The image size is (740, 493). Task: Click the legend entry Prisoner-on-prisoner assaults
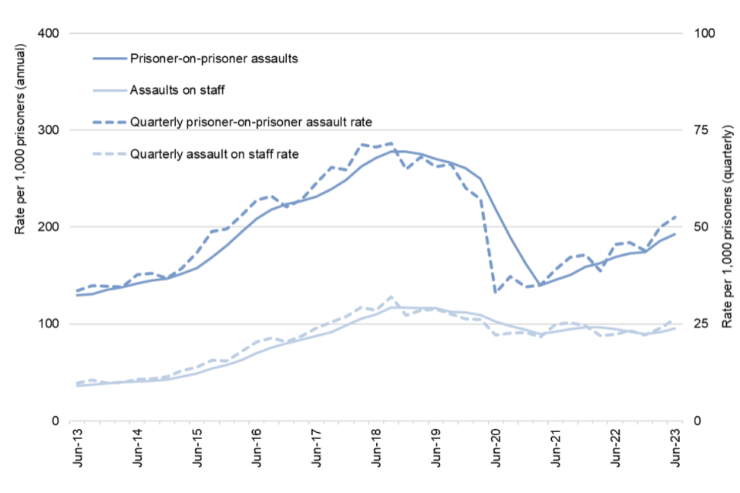214,59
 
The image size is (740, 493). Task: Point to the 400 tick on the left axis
48,34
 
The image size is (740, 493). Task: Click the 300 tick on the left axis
48,130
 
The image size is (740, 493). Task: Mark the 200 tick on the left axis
48,227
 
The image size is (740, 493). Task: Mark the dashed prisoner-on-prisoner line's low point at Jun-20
496,292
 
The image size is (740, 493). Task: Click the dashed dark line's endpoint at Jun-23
676,216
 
